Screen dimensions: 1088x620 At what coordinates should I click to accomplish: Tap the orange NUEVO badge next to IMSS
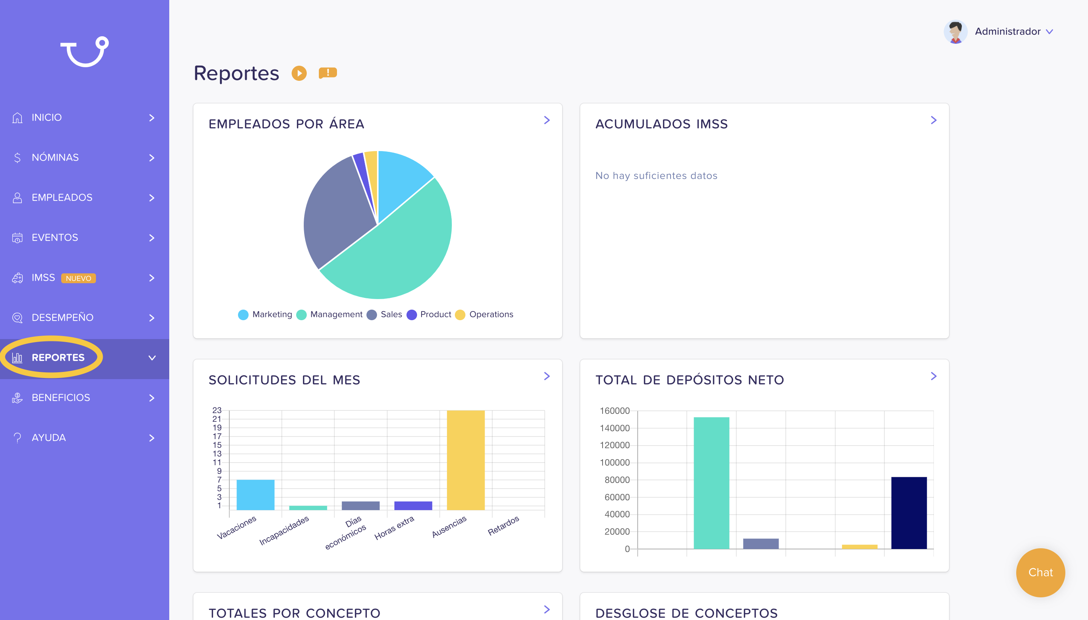pos(78,278)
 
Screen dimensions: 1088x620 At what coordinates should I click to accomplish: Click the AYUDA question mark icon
pos(17,438)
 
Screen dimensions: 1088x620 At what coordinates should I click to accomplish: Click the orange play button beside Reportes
pos(299,73)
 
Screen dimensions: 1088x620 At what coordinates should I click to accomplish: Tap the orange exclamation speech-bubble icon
pos(328,73)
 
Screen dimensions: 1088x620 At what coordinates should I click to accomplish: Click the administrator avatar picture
pos(955,31)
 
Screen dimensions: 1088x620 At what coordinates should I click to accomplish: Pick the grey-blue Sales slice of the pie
pos(337,209)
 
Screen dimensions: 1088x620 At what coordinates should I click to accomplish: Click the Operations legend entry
pos(484,315)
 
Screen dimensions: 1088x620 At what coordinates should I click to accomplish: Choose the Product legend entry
pos(429,315)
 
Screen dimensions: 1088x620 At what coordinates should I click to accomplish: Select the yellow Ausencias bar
pos(466,460)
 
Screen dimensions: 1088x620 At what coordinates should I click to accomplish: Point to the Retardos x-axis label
pos(504,526)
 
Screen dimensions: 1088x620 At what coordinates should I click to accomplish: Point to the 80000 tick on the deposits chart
pos(617,480)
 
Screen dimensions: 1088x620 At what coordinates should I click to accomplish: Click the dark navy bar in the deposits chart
pos(909,513)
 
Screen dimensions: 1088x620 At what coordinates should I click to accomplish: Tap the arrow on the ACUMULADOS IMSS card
pos(934,120)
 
